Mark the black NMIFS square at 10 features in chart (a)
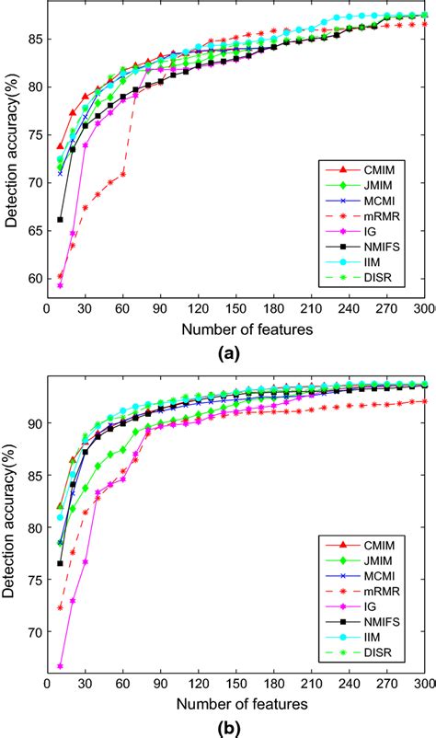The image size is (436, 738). (61, 219)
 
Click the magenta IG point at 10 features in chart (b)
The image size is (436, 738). (61, 666)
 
